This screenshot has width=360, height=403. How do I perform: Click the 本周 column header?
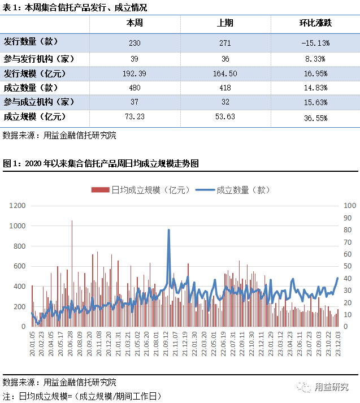coord(134,24)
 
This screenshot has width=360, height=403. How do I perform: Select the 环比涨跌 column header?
coord(315,24)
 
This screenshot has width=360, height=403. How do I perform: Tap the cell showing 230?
coord(134,42)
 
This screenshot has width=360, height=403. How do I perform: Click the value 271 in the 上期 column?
coord(224,42)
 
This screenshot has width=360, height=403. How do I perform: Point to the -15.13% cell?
coord(315,42)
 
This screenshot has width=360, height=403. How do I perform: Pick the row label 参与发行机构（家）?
coord(38,58)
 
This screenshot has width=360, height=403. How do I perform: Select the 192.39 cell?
coord(134,73)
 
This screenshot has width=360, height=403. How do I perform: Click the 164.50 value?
coord(224,73)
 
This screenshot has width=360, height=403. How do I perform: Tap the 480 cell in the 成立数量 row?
coord(134,88)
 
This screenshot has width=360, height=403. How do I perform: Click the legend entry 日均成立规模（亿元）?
coord(141,190)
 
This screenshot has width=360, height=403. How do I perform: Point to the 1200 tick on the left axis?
coord(18,206)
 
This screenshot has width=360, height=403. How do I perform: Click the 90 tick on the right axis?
coord(347,218)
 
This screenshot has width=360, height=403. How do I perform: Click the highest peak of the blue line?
coord(168,230)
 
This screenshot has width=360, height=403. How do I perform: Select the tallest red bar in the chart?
coord(72,220)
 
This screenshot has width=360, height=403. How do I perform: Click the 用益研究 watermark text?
coord(332,387)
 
